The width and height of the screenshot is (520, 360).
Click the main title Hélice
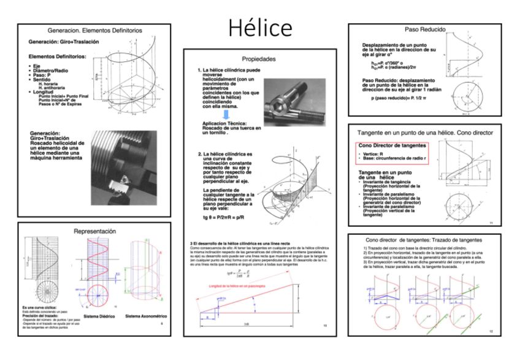coord(261,28)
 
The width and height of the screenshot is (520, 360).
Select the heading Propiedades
coord(259,59)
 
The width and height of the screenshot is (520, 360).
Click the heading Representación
coord(94,231)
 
